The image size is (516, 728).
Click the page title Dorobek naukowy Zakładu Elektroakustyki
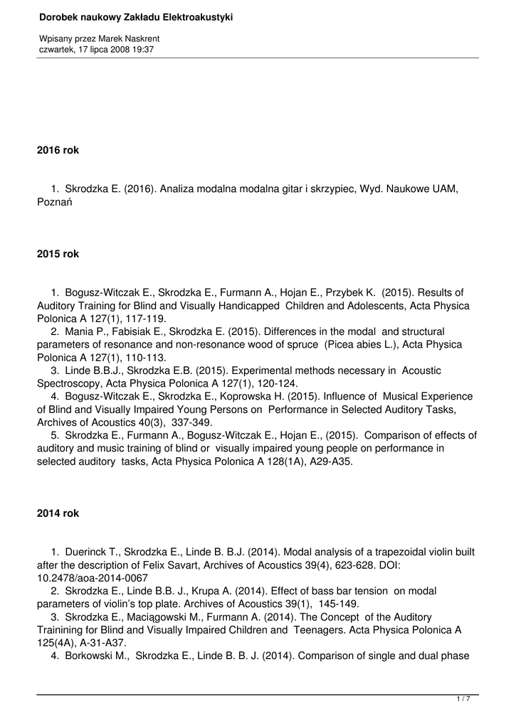[136, 17]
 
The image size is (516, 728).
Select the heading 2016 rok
[58, 150]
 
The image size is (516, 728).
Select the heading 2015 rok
[58, 254]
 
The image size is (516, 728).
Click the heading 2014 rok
[58, 513]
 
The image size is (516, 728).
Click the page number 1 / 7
[463, 700]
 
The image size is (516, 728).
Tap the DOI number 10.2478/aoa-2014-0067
[92, 578]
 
